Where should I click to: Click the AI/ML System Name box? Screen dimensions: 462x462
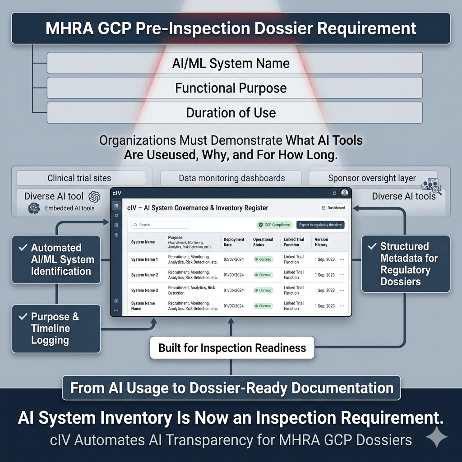pos(234,63)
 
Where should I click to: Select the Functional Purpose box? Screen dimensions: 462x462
pos(234,88)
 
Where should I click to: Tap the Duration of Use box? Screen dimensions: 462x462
pos(234,112)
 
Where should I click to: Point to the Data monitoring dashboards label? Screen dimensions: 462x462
pos(231,178)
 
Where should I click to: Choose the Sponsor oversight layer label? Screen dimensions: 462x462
pos(372,178)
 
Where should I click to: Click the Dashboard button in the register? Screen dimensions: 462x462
pos(333,208)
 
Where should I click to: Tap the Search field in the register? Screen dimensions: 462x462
pos(160,225)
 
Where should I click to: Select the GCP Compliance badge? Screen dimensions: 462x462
pos(274,225)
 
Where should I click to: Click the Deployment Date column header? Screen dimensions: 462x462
pos(234,242)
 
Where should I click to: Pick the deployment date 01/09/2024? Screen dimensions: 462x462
pos(234,275)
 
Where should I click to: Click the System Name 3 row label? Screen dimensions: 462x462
pos(144,291)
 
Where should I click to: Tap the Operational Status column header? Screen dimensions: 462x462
pos(263,242)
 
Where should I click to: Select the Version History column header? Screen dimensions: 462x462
pos(321,242)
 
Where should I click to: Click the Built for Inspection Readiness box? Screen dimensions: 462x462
pos(232,348)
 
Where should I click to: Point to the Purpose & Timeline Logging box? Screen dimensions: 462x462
pos(56,328)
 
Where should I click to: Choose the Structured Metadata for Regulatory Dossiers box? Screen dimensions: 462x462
pos(406,264)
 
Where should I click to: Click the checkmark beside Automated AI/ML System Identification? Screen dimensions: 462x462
pos(22,248)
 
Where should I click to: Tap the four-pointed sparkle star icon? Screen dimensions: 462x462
pos(437,437)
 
